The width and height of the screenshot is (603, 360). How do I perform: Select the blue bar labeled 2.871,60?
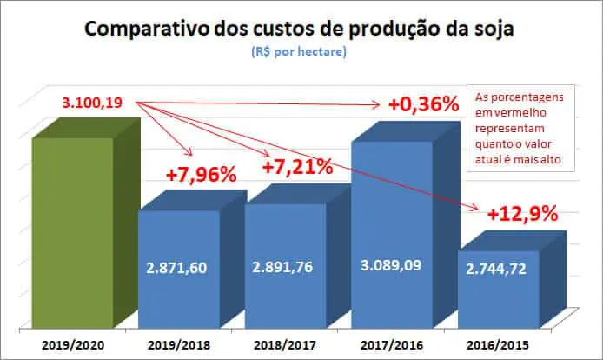click(179, 266)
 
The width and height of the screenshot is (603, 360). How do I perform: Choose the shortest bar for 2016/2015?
click(500, 287)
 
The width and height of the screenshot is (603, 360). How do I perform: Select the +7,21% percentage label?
click(297, 166)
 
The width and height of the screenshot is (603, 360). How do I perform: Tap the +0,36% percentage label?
click(423, 104)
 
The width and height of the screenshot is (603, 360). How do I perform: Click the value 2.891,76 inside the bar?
click(286, 268)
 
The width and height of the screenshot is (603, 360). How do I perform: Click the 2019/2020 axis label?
click(72, 343)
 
